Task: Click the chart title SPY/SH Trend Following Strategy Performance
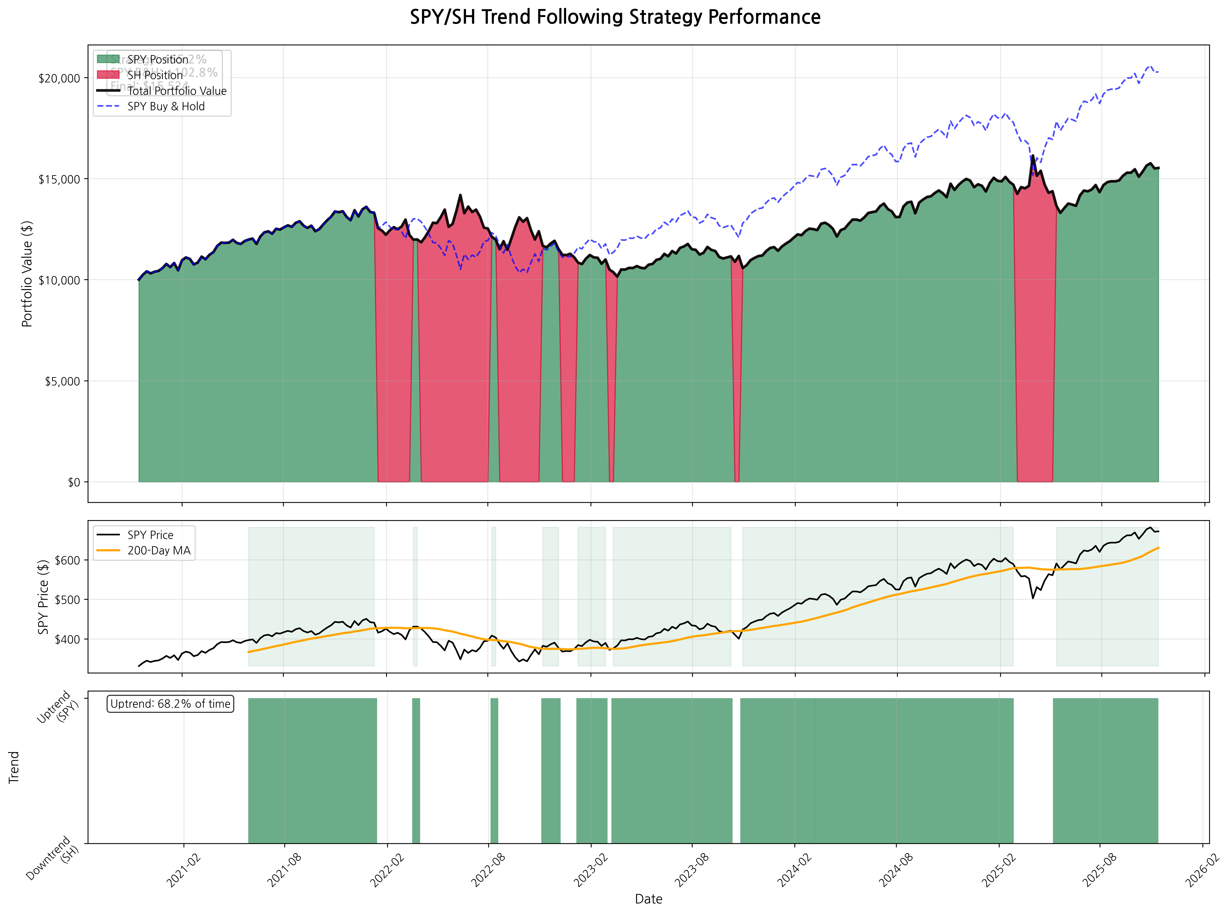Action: (x=615, y=17)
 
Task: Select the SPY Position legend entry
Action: (x=157, y=59)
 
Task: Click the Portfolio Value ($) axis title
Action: (x=27, y=274)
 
